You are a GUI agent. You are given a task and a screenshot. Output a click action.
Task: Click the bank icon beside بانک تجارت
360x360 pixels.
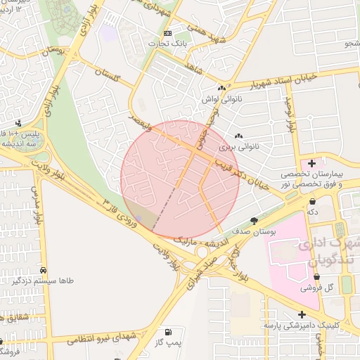(x=167, y=33)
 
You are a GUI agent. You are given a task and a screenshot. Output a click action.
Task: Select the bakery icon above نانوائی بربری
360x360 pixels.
(x=238, y=136)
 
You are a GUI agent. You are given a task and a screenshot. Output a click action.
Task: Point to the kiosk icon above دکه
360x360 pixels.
(x=311, y=201)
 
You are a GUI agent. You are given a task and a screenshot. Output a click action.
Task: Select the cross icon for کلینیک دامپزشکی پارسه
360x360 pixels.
(x=302, y=314)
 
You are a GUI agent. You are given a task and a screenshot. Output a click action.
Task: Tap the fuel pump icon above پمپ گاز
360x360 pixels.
(x=167, y=331)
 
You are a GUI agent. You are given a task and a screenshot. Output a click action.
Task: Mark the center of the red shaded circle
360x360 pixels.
(x=180, y=179)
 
